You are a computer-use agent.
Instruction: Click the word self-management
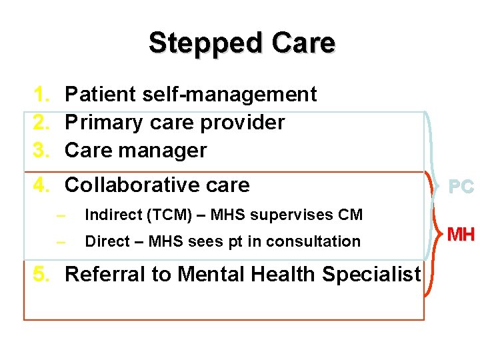229,95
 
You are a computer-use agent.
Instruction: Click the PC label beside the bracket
461,187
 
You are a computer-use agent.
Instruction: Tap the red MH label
461,235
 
